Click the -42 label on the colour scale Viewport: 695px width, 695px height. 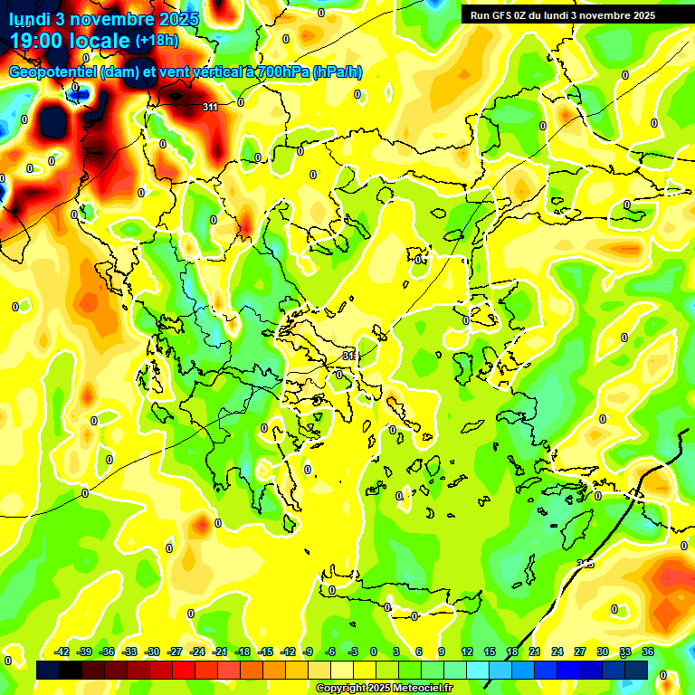(62, 652)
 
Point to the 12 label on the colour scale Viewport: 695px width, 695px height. (467, 652)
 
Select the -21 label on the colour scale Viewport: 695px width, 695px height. (220, 652)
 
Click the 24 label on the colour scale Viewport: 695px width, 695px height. (557, 652)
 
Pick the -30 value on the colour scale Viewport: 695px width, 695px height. (152, 652)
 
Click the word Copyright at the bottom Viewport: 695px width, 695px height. (341, 689)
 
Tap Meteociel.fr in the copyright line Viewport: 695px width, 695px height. (421, 689)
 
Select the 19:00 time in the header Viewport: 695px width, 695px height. (38, 41)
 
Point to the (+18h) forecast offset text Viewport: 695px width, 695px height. (157, 41)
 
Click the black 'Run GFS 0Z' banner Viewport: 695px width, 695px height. (562, 15)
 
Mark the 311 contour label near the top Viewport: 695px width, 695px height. (210, 107)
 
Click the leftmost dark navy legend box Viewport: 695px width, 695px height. (48, 670)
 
